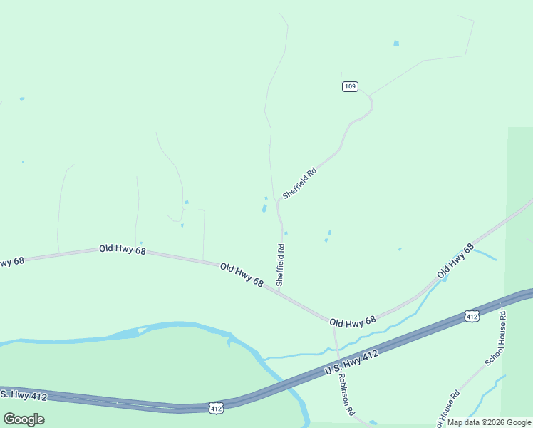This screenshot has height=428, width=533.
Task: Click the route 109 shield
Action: (349, 86)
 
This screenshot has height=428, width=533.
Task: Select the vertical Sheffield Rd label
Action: (281, 265)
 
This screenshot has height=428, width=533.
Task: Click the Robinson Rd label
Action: (346, 394)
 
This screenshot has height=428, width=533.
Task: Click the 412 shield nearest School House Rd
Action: (471, 315)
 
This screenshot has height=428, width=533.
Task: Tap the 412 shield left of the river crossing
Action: (217, 408)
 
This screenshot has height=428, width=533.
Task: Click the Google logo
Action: (24, 419)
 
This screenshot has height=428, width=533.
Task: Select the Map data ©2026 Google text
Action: (489, 422)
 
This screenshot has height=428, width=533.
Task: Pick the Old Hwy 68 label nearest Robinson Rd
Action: (353, 322)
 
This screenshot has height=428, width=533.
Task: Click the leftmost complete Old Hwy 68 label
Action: (122, 250)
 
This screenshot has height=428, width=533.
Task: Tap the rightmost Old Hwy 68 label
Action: (455, 261)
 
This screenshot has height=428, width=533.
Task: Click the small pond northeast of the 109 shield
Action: (396, 44)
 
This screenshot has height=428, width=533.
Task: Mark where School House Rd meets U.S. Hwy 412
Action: (502, 302)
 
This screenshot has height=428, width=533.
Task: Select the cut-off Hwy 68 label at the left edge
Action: (11, 261)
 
